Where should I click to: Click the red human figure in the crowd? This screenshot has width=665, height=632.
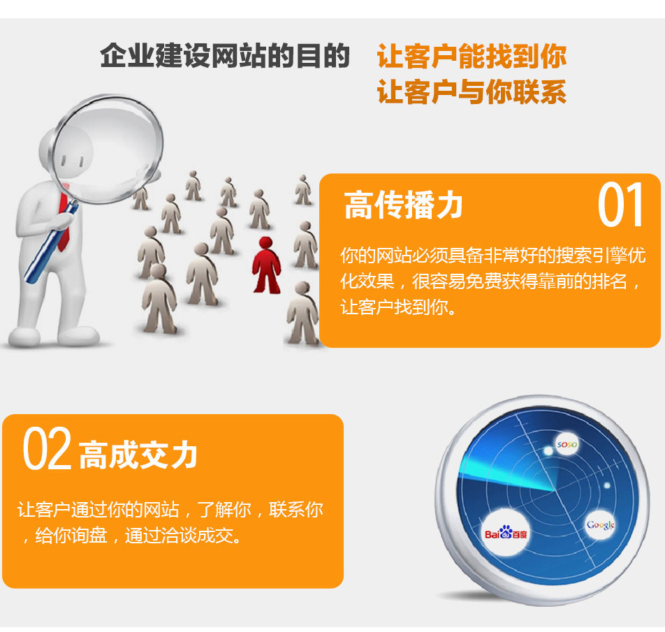pyautogui.click(x=266, y=265)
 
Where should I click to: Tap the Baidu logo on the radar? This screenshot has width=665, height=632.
pyautogui.click(x=506, y=534)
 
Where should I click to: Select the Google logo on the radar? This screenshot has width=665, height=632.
pyautogui.click(x=601, y=525)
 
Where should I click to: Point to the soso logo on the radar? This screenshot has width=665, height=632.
pyautogui.click(x=567, y=444)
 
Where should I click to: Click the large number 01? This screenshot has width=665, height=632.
pyautogui.click(x=620, y=205)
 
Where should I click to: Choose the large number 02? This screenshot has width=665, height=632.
pyautogui.click(x=47, y=448)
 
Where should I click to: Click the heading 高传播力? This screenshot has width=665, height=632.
pyautogui.click(x=403, y=205)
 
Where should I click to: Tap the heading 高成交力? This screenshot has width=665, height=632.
pyautogui.click(x=138, y=455)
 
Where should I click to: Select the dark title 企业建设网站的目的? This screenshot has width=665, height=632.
pyautogui.click(x=225, y=56)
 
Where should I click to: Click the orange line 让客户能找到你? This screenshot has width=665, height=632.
pyautogui.click(x=472, y=56)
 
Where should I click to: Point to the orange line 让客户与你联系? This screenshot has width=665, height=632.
pyautogui.click(x=472, y=92)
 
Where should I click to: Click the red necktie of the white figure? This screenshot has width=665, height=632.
pyautogui.click(x=64, y=223)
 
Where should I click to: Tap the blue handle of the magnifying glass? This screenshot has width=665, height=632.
pyautogui.click(x=50, y=244)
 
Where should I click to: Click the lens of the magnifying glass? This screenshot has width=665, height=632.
pyautogui.click(x=108, y=148)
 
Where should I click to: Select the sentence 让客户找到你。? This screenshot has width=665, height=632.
pyautogui.click(x=399, y=307)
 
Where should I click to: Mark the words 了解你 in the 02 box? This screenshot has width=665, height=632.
pyautogui.click(x=224, y=509)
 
